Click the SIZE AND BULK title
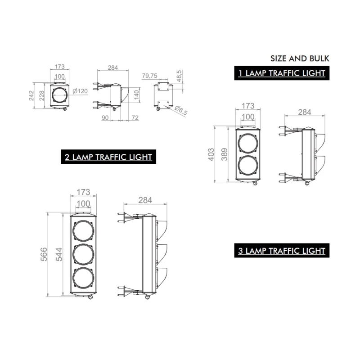click(x=300, y=58)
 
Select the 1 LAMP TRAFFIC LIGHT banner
click(x=282, y=73)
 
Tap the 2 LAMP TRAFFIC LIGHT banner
click(x=108, y=157)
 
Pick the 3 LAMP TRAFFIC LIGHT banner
click(x=282, y=251)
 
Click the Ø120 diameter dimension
click(x=80, y=91)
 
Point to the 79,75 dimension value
click(x=150, y=76)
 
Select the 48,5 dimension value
click(x=179, y=76)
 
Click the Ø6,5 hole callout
click(x=181, y=110)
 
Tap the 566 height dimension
click(x=44, y=254)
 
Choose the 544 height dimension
click(x=59, y=254)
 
